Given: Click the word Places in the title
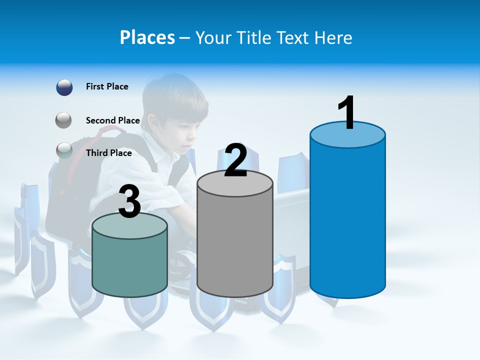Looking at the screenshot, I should click(147, 37).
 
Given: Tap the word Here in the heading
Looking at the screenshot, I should click(334, 37).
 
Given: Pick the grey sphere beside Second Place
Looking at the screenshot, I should click(64, 120).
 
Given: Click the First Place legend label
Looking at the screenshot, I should click(107, 86).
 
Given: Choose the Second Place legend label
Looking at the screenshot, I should click(112, 120).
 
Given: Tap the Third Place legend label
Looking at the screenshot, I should click(108, 153).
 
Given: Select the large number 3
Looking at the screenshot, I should click(130, 201).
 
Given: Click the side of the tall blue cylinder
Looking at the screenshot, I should click(347, 220).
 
